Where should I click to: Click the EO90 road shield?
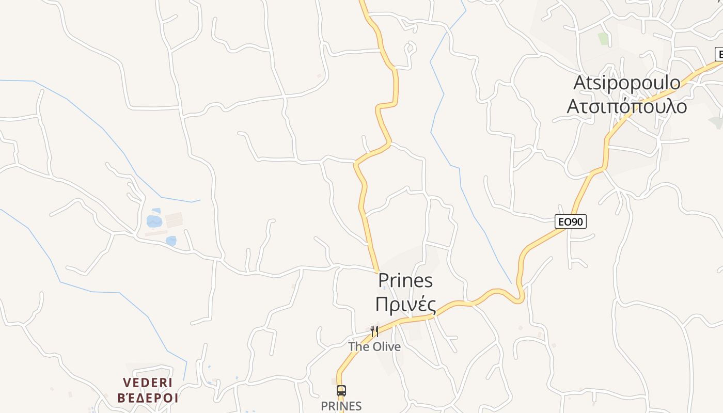(x=571, y=222)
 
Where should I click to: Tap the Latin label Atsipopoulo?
(x=627, y=83)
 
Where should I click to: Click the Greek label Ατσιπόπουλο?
(x=627, y=106)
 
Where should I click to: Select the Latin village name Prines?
(x=405, y=281)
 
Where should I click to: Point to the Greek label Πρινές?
(x=405, y=305)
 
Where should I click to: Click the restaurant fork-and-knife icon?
(x=374, y=331)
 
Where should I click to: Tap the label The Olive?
(x=374, y=346)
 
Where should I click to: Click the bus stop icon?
(x=341, y=390)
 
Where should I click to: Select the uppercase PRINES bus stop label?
(x=341, y=406)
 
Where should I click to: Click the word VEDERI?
(x=148, y=383)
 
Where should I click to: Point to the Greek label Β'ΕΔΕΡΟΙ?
(x=148, y=398)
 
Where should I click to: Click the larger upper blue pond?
(x=154, y=221)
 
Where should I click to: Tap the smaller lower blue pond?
(x=171, y=241)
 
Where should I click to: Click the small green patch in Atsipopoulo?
(x=603, y=38)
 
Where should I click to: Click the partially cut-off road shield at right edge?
(x=719, y=54)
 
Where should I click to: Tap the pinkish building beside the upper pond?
(x=174, y=219)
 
